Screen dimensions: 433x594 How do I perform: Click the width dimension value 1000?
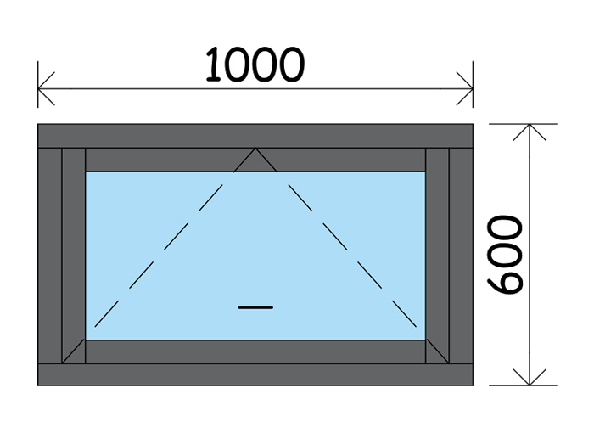pyautogui.click(x=255, y=65)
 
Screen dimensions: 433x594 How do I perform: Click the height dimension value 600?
pyautogui.click(x=507, y=254)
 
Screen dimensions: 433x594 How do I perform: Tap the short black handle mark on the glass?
pyautogui.click(x=255, y=306)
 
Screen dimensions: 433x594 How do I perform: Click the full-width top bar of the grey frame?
pyautogui.click(x=255, y=136)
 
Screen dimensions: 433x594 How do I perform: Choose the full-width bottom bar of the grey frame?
pyautogui.click(x=255, y=374)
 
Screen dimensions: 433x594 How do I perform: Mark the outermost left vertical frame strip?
pyautogui.click(x=49, y=255)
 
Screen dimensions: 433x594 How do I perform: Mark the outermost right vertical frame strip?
pyautogui.click(x=461, y=255)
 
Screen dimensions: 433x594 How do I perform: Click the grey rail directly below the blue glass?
pyautogui.click(x=255, y=351)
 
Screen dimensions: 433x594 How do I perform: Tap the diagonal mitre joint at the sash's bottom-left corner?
pyautogui.click(x=74, y=352)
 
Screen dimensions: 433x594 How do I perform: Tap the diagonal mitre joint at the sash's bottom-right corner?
pyautogui.click(x=437, y=352)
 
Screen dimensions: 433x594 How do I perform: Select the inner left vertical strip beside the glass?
pyautogui.click(x=74, y=246)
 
